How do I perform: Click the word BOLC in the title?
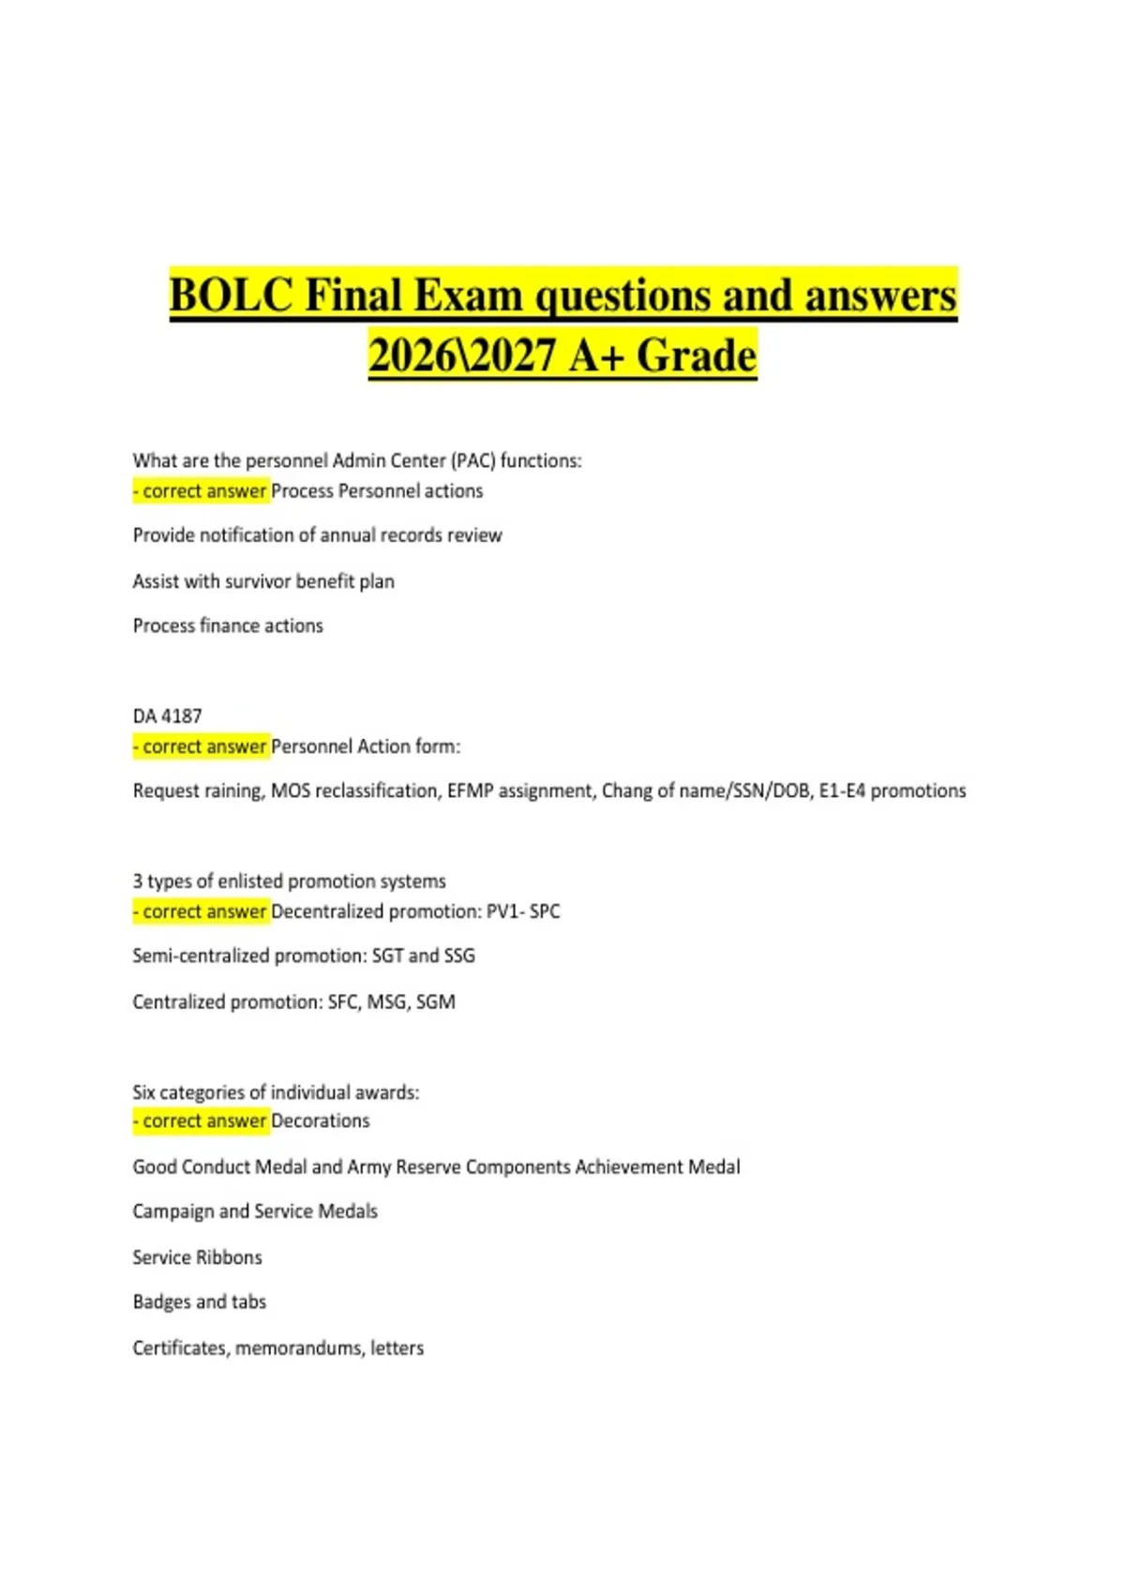[231, 295]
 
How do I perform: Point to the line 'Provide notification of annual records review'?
[317, 535]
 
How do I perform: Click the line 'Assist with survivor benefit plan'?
[263, 581]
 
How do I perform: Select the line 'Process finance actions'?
[228, 625]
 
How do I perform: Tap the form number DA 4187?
[167, 716]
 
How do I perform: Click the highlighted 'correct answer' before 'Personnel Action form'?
[202, 746]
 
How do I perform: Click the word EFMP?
[470, 790]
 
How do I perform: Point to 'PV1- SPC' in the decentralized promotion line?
[522, 911]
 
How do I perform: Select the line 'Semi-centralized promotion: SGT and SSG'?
[304, 955]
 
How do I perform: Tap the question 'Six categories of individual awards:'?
[276, 1092]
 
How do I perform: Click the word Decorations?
[320, 1120]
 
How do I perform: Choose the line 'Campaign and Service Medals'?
[255, 1211]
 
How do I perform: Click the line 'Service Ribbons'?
[197, 1257]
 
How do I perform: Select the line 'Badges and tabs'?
[199, 1301]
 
